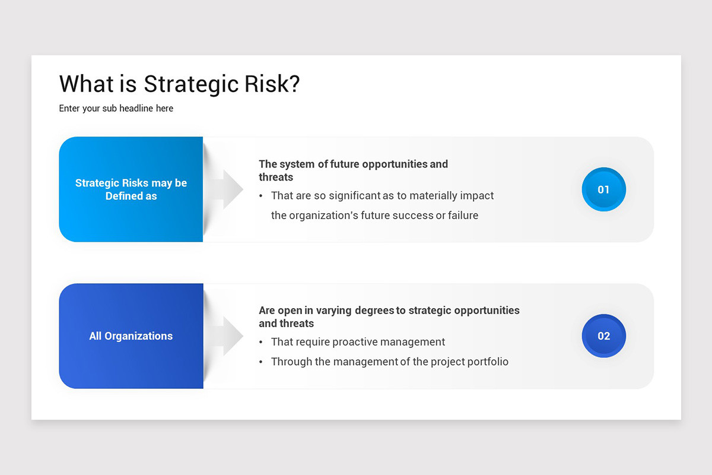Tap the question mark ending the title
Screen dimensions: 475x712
click(x=293, y=84)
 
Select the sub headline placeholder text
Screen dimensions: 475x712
click(x=116, y=109)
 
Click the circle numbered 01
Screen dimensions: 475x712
click(x=603, y=189)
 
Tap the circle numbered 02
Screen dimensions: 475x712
click(x=603, y=336)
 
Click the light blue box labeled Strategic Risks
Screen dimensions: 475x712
click(x=131, y=189)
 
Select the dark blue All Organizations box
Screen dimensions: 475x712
click(x=131, y=336)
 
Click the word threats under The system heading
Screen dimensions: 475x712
click(x=276, y=177)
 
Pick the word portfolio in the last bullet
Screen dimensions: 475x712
click(x=486, y=362)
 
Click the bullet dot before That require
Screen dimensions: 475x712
click(x=262, y=343)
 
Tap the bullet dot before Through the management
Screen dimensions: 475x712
click(x=262, y=362)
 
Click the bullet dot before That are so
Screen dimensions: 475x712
click(x=262, y=196)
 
